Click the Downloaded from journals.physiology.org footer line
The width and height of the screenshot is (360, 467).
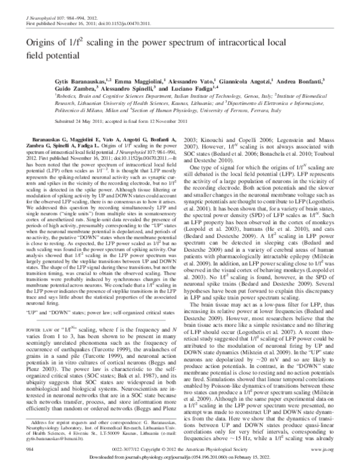point(179,458)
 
